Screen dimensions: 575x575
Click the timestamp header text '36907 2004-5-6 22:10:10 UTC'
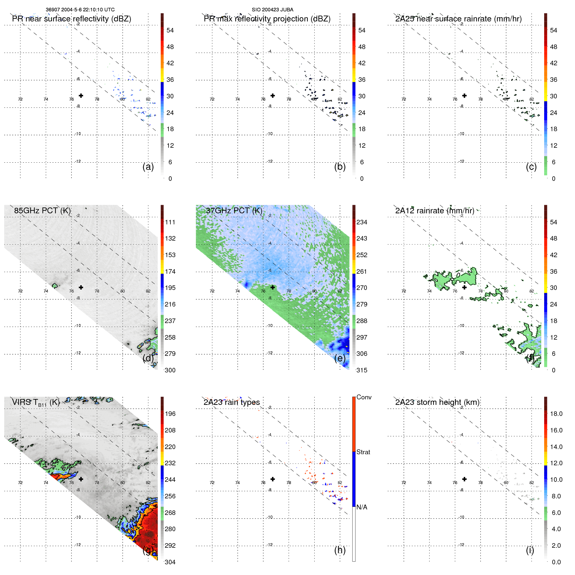pos(80,10)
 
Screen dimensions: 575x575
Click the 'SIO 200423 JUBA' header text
pos(272,10)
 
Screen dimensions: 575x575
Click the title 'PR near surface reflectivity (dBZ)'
pos(71,19)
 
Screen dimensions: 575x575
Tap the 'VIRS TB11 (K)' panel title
pos(36,403)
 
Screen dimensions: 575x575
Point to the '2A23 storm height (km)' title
pos(437,402)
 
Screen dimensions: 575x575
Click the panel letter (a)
pos(148,167)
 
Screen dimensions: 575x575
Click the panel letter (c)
pos(531,167)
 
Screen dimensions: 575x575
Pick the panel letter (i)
pos(530,550)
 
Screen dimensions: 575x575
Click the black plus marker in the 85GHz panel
pos(81,287)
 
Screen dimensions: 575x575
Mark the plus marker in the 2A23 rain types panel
pos(273,479)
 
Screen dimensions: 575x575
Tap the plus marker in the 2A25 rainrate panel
pos(464,96)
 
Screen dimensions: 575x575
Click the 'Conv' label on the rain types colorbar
pos(364,397)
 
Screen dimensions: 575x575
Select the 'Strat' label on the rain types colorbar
pos(363,452)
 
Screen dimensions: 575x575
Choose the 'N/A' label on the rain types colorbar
pos(362,507)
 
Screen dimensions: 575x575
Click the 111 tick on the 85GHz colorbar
pos(170,222)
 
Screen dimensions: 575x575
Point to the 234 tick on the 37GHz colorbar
pos(362,222)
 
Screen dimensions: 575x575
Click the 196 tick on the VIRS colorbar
pos(170,414)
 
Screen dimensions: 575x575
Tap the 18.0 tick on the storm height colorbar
pos(556,414)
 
